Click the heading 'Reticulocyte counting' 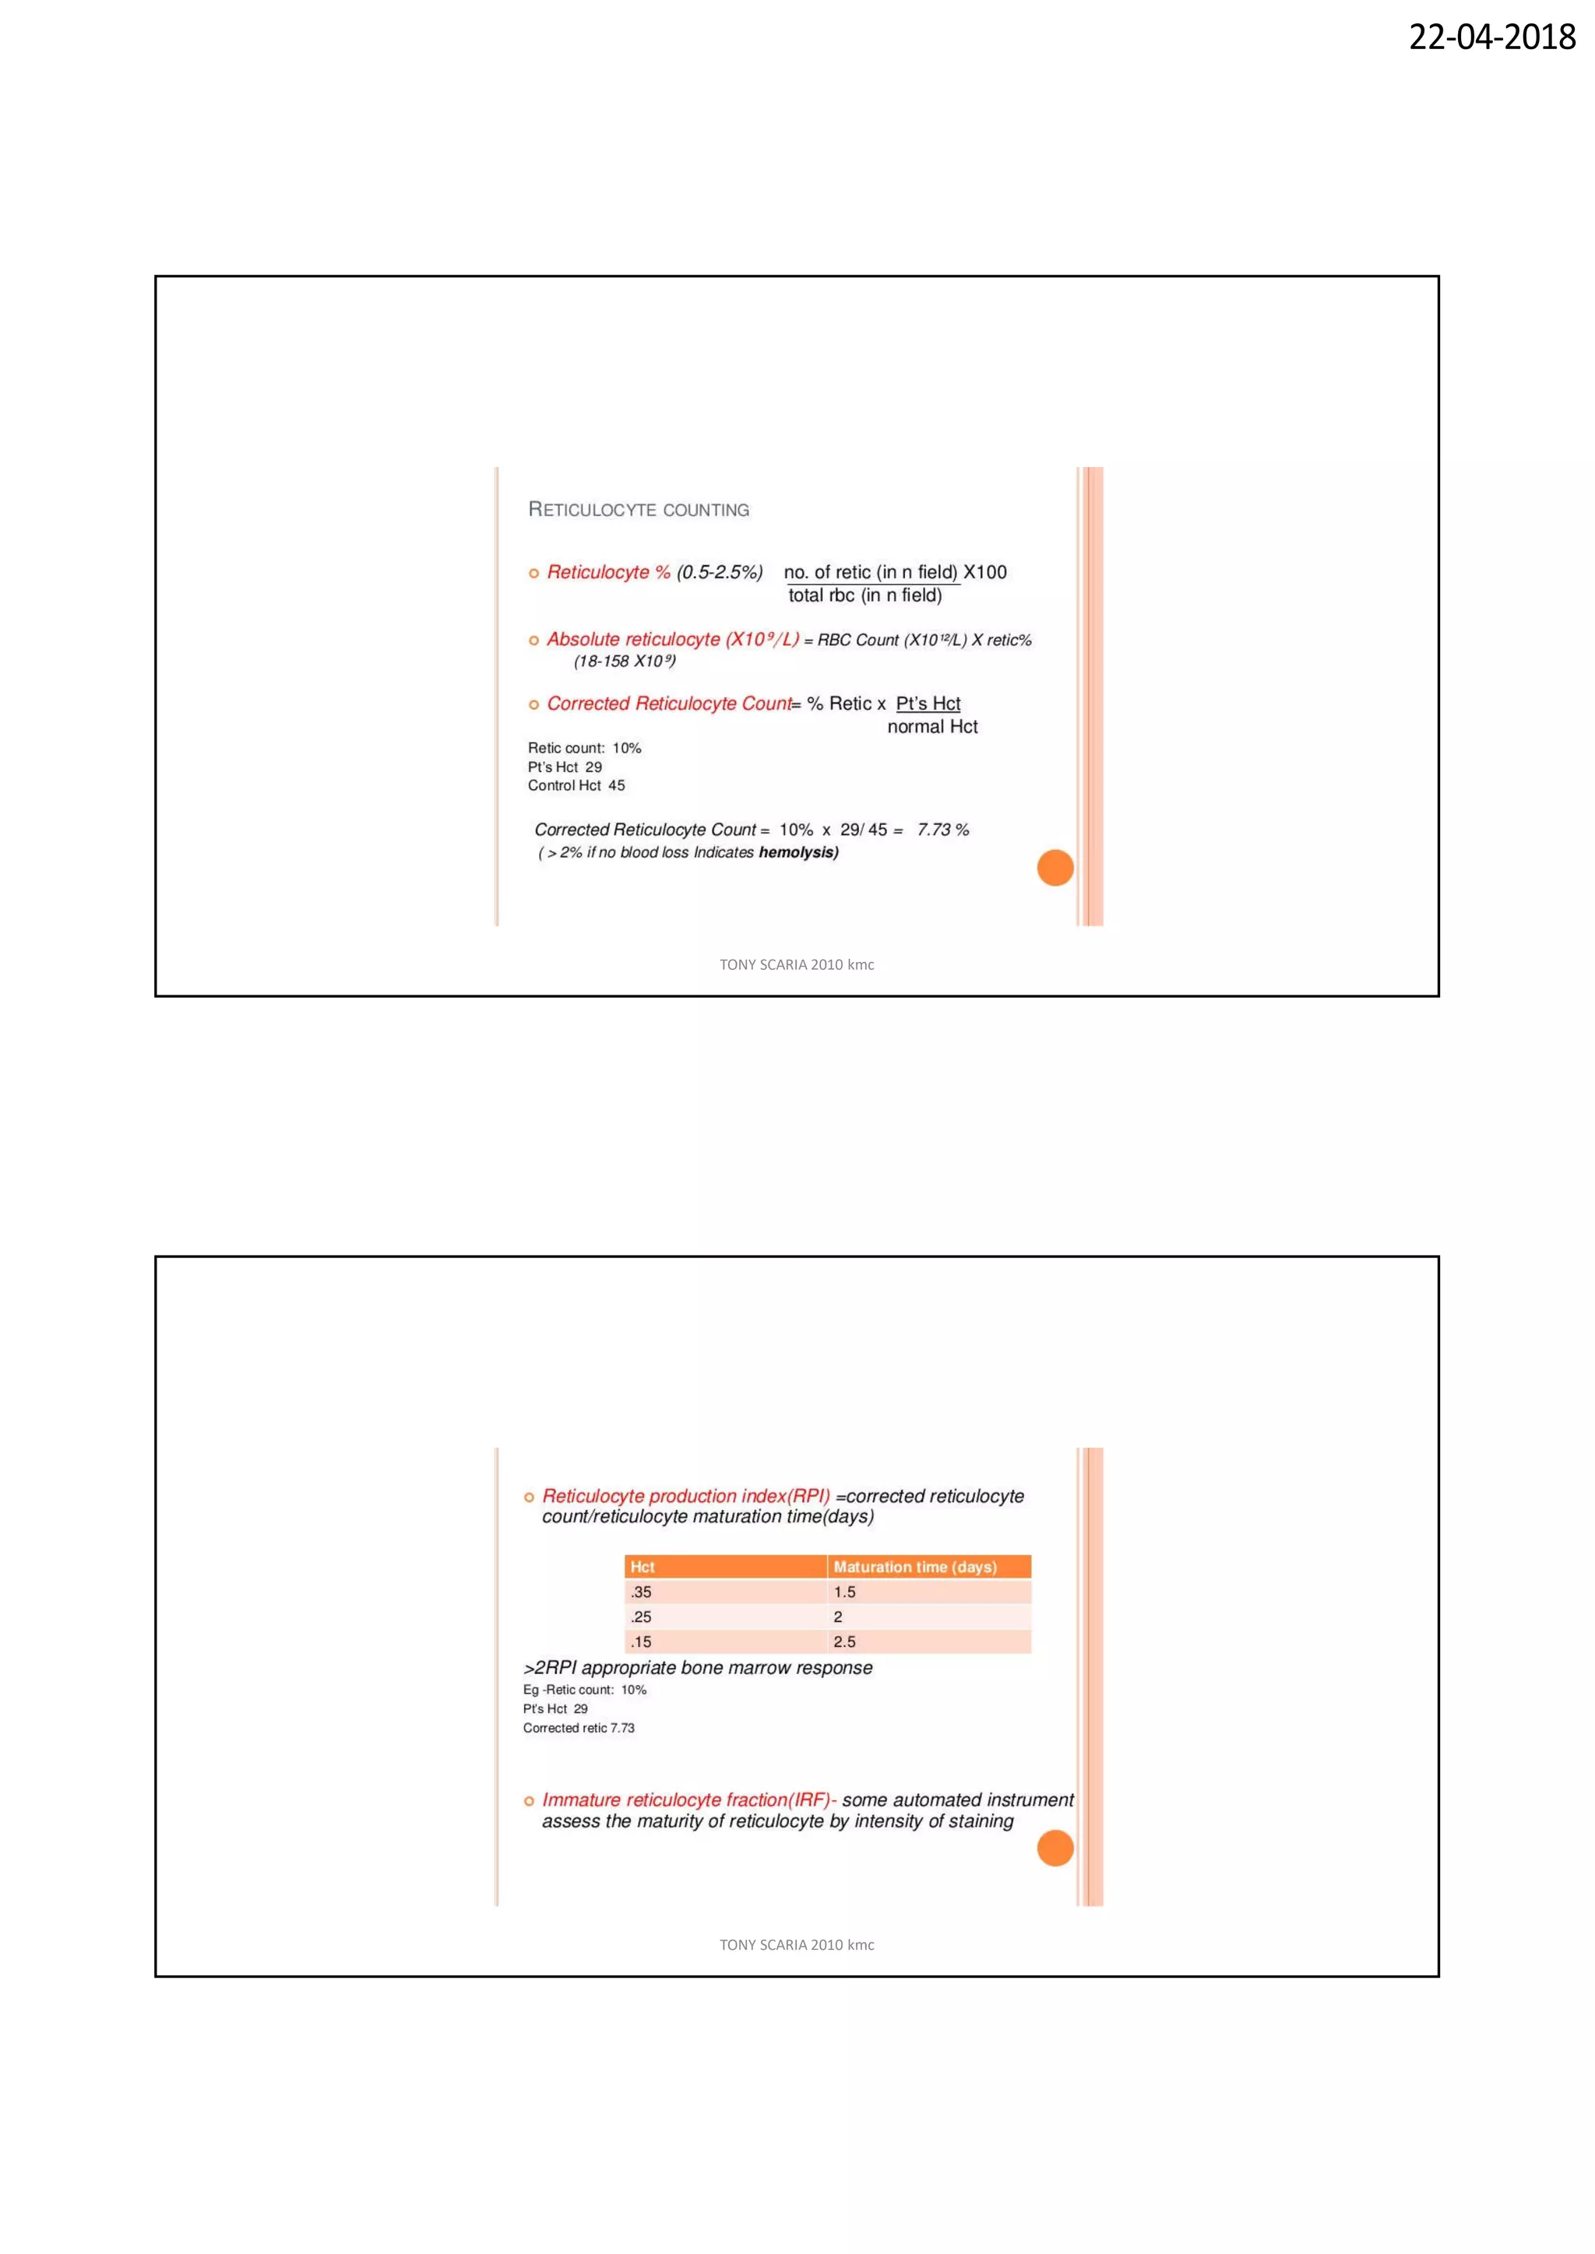pyautogui.click(x=639, y=510)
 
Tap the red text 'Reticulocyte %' pyautogui.click(x=608, y=572)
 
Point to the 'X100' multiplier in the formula pyautogui.click(x=985, y=572)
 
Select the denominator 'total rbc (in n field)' pyautogui.click(x=864, y=596)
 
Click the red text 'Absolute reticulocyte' pyautogui.click(x=632, y=640)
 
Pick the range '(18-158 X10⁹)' pyautogui.click(x=625, y=662)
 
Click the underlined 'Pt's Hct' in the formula pyautogui.click(x=928, y=704)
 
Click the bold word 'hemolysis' pyautogui.click(x=797, y=853)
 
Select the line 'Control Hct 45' pyautogui.click(x=576, y=786)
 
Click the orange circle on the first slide pyautogui.click(x=1055, y=868)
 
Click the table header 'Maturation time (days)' pyautogui.click(x=914, y=1568)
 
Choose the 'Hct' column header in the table pyautogui.click(x=643, y=1568)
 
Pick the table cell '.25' pyautogui.click(x=641, y=1617)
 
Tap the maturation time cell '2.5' pyautogui.click(x=845, y=1641)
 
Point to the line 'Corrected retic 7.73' pyautogui.click(x=579, y=1729)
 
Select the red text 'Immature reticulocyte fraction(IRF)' pyautogui.click(x=688, y=1800)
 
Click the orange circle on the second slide pyautogui.click(x=1055, y=1848)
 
